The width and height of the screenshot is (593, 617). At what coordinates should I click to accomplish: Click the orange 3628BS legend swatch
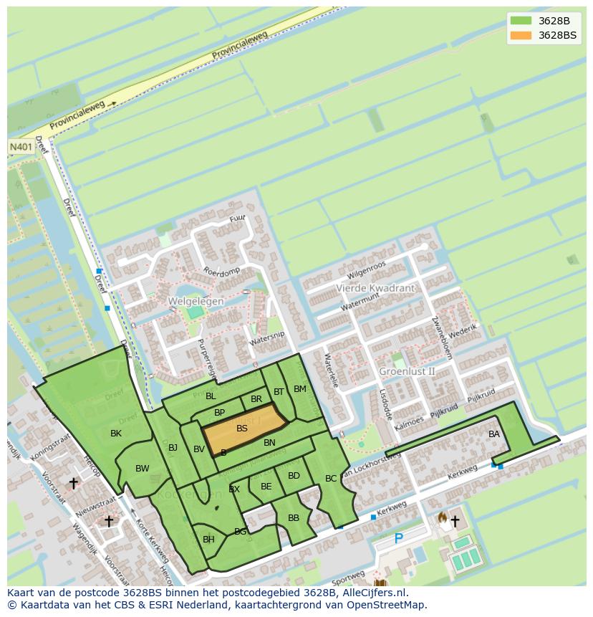(521, 35)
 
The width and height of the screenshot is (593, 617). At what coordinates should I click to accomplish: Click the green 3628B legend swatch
(521, 21)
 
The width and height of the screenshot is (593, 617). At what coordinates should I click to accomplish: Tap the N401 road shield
(19, 146)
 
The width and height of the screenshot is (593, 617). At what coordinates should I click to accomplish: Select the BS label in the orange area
(242, 429)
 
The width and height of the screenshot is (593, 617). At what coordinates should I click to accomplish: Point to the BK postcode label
(116, 434)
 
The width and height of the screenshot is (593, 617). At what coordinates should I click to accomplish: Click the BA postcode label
(494, 434)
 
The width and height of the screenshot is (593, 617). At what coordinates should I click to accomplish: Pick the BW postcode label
(143, 469)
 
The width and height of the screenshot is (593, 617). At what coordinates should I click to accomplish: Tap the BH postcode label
(208, 540)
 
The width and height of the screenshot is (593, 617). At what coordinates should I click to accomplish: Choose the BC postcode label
(331, 479)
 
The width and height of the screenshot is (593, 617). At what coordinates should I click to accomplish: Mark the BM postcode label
(300, 389)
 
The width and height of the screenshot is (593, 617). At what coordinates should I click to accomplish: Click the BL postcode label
(211, 396)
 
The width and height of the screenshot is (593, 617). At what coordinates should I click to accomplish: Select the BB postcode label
(294, 518)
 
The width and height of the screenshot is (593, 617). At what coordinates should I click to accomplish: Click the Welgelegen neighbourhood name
(196, 302)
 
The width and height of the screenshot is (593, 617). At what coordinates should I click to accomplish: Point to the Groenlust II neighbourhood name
(407, 371)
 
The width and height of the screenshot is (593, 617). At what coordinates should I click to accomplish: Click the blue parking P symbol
(399, 539)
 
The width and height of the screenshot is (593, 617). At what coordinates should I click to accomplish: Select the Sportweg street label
(348, 578)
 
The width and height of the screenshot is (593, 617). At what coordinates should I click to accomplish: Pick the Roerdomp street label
(221, 272)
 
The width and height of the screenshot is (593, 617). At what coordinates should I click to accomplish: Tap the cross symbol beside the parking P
(455, 522)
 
